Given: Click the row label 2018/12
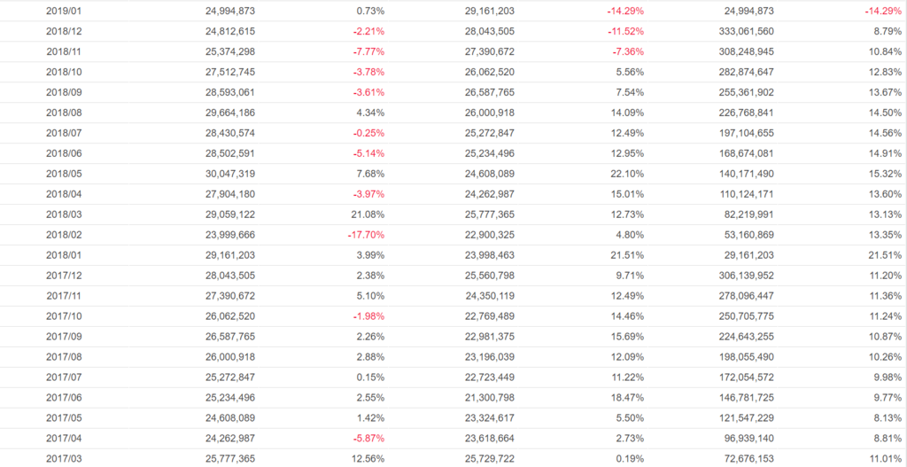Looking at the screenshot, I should pyautogui.click(x=63, y=31).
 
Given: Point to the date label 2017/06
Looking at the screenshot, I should pyautogui.click(x=63, y=398).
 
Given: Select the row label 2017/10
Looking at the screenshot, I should pyautogui.click(x=63, y=316).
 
